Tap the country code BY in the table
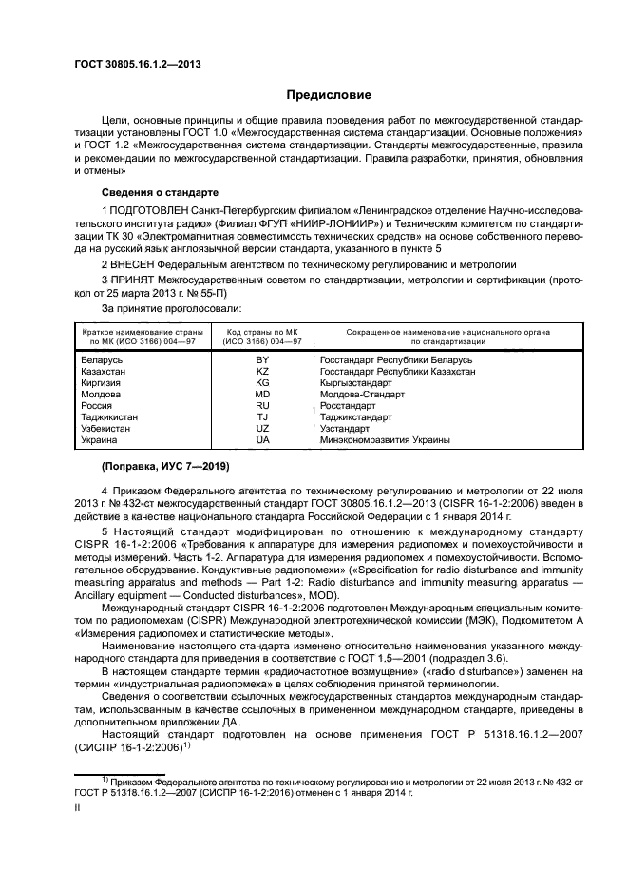pyautogui.click(x=262, y=360)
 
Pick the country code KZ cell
pyautogui.click(x=262, y=372)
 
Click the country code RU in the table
pyautogui.click(x=262, y=405)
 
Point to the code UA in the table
pyautogui.click(x=262, y=440)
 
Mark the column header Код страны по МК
pyautogui.click(x=262, y=334)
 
